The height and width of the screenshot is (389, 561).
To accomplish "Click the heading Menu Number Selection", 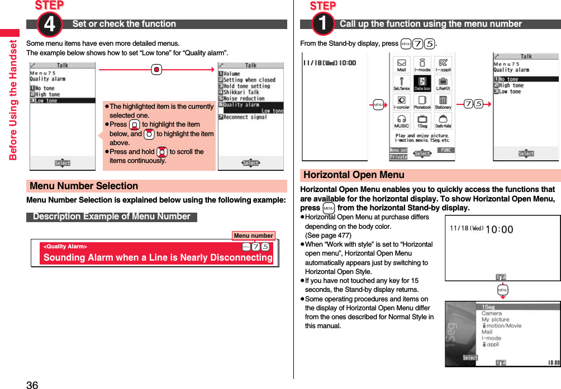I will (84, 186).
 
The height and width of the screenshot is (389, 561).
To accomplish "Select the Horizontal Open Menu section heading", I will (354, 175).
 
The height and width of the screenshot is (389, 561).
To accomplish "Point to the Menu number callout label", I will (253, 236).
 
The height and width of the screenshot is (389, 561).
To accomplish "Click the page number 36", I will (32, 385).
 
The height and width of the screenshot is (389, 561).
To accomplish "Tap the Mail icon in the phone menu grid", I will (401, 65).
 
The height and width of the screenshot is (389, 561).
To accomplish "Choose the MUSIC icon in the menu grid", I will (401, 121).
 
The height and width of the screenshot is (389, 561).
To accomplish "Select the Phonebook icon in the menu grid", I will (422, 102).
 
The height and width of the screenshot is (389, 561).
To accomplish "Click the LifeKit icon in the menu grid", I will (443, 83).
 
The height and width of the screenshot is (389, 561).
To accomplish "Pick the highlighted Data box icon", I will (422, 83).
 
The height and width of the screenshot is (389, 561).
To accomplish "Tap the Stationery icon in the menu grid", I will (443, 102).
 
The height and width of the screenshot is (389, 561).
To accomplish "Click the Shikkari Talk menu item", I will (241, 92).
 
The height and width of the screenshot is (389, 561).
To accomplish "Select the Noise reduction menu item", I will (244, 98).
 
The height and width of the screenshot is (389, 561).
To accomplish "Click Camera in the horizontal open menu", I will (492, 313).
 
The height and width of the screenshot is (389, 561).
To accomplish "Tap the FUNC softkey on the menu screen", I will (445, 150).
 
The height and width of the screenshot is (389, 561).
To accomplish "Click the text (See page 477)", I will (328, 236).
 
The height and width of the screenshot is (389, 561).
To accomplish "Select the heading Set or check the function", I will (124, 24).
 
